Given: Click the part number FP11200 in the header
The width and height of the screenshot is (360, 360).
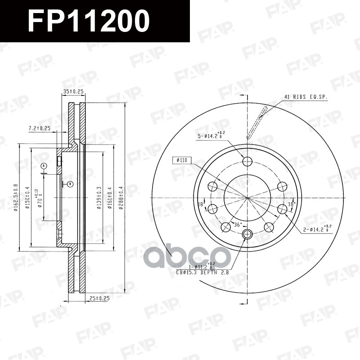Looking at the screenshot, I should pos(88,21).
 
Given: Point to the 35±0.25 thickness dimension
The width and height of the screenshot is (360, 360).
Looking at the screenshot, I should pos(73,91).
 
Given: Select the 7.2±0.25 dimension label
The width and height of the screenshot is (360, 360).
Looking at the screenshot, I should pos(39,129).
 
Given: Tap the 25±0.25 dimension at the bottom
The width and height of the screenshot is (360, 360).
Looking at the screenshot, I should pos(99,298).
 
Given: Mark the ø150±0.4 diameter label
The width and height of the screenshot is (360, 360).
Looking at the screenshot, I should pos(28,198).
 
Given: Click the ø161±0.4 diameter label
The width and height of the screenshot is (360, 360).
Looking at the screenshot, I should pos(110,198).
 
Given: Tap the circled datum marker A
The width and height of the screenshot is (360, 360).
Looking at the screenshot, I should pos(44,166).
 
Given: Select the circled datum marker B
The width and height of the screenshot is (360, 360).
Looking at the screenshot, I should pos(70,184).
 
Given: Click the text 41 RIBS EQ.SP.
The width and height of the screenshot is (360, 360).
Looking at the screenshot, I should pos(306,97).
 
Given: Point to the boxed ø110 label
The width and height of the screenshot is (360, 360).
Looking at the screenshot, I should pos(182,160).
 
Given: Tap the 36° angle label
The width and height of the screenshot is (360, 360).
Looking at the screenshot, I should pos(237,224).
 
